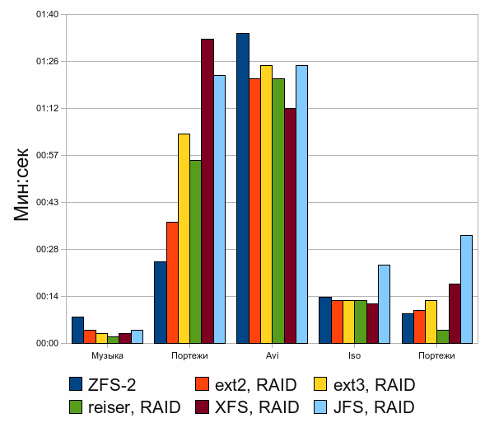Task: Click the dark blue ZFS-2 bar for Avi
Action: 243,188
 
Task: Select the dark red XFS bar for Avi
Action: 290,226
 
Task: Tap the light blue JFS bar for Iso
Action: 384,304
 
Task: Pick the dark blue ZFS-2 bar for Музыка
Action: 78,330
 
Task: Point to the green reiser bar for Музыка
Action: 114,340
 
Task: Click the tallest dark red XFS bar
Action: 208,191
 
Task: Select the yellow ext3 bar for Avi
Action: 266,204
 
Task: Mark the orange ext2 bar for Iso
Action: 338,322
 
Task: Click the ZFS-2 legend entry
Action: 102,385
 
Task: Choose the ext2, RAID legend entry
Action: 246,385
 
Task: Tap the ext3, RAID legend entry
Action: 365,385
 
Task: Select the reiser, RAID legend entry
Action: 125,407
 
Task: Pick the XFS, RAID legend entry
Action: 247,407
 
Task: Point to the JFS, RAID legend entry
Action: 365,407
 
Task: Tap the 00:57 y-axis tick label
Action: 48,155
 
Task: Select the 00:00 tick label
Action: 48,343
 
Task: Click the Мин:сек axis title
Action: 21,184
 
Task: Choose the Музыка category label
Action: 107,355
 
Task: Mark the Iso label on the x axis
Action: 354,355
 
